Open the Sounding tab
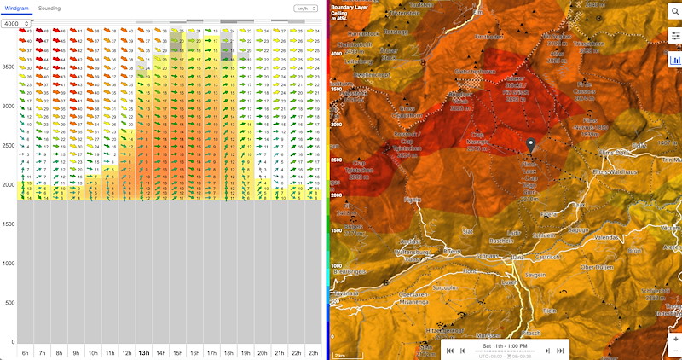coord(49,8)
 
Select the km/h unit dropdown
coord(303,8)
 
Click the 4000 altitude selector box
coord(17,23)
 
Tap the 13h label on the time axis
coord(144,352)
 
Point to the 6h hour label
coord(25,352)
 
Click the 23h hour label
coord(315,352)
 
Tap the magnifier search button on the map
coord(674,10)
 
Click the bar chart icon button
coord(674,60)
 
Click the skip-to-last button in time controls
coord(560,351)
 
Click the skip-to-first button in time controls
coord(449,351)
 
